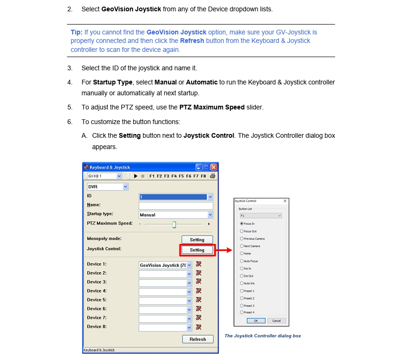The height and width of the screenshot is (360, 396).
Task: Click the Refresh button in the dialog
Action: (198, 339)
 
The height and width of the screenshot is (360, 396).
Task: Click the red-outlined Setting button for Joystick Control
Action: (197, 250)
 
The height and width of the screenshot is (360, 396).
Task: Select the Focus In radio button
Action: (242, 224)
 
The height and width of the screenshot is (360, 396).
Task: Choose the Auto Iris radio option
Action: (242, 284)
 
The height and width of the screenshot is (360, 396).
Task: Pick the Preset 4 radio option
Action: (242, 312)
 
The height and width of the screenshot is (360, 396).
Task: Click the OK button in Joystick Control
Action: (255, 321)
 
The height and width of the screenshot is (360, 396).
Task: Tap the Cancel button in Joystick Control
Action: (277, 321)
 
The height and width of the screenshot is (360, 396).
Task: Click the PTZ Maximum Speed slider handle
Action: (174, 224)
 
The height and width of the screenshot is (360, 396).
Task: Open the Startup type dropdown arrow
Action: (210, 215)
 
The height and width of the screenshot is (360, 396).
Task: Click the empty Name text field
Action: (176, 206)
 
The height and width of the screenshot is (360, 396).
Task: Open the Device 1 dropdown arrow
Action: (190, 265)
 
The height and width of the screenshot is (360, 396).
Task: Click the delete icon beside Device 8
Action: (199, 327)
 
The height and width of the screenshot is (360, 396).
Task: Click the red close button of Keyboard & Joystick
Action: (214, 167)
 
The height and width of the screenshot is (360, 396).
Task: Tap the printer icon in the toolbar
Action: (212, 176)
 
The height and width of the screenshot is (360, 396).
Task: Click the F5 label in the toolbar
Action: (181, 176)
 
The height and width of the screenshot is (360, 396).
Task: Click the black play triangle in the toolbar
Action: (136, 176)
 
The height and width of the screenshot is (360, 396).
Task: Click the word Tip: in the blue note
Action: (76, 32)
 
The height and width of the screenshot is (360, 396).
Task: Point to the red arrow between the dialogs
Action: (225, 250)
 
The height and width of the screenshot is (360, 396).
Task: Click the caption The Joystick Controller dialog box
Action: (262, 336)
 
